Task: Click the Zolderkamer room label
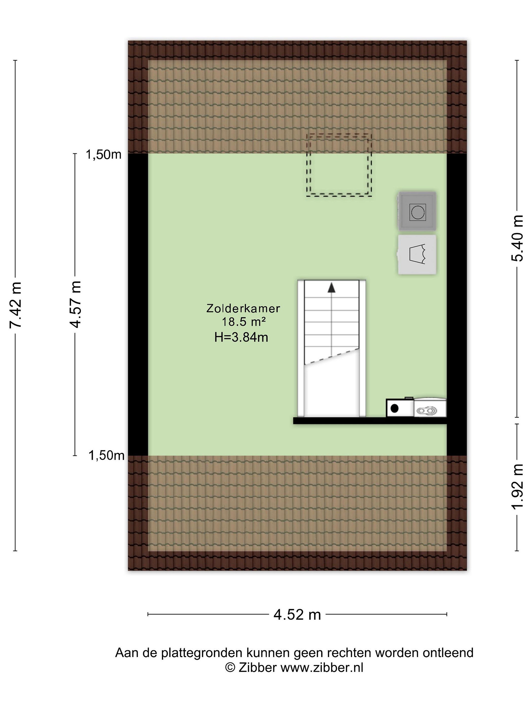(x=243, y=308)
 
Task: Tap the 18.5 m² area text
(x=244, y=322)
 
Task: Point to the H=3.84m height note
(x=241, y=337)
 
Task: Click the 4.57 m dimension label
(x=76, y=304)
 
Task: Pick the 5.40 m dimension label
(x=517, y=238)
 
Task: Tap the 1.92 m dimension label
(x=517, y=486)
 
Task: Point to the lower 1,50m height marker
(x=106, y=455)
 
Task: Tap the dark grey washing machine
(x=417, y=211)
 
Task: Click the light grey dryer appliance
(x=417, y=255)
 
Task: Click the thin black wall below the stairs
(x=370, y=420)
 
